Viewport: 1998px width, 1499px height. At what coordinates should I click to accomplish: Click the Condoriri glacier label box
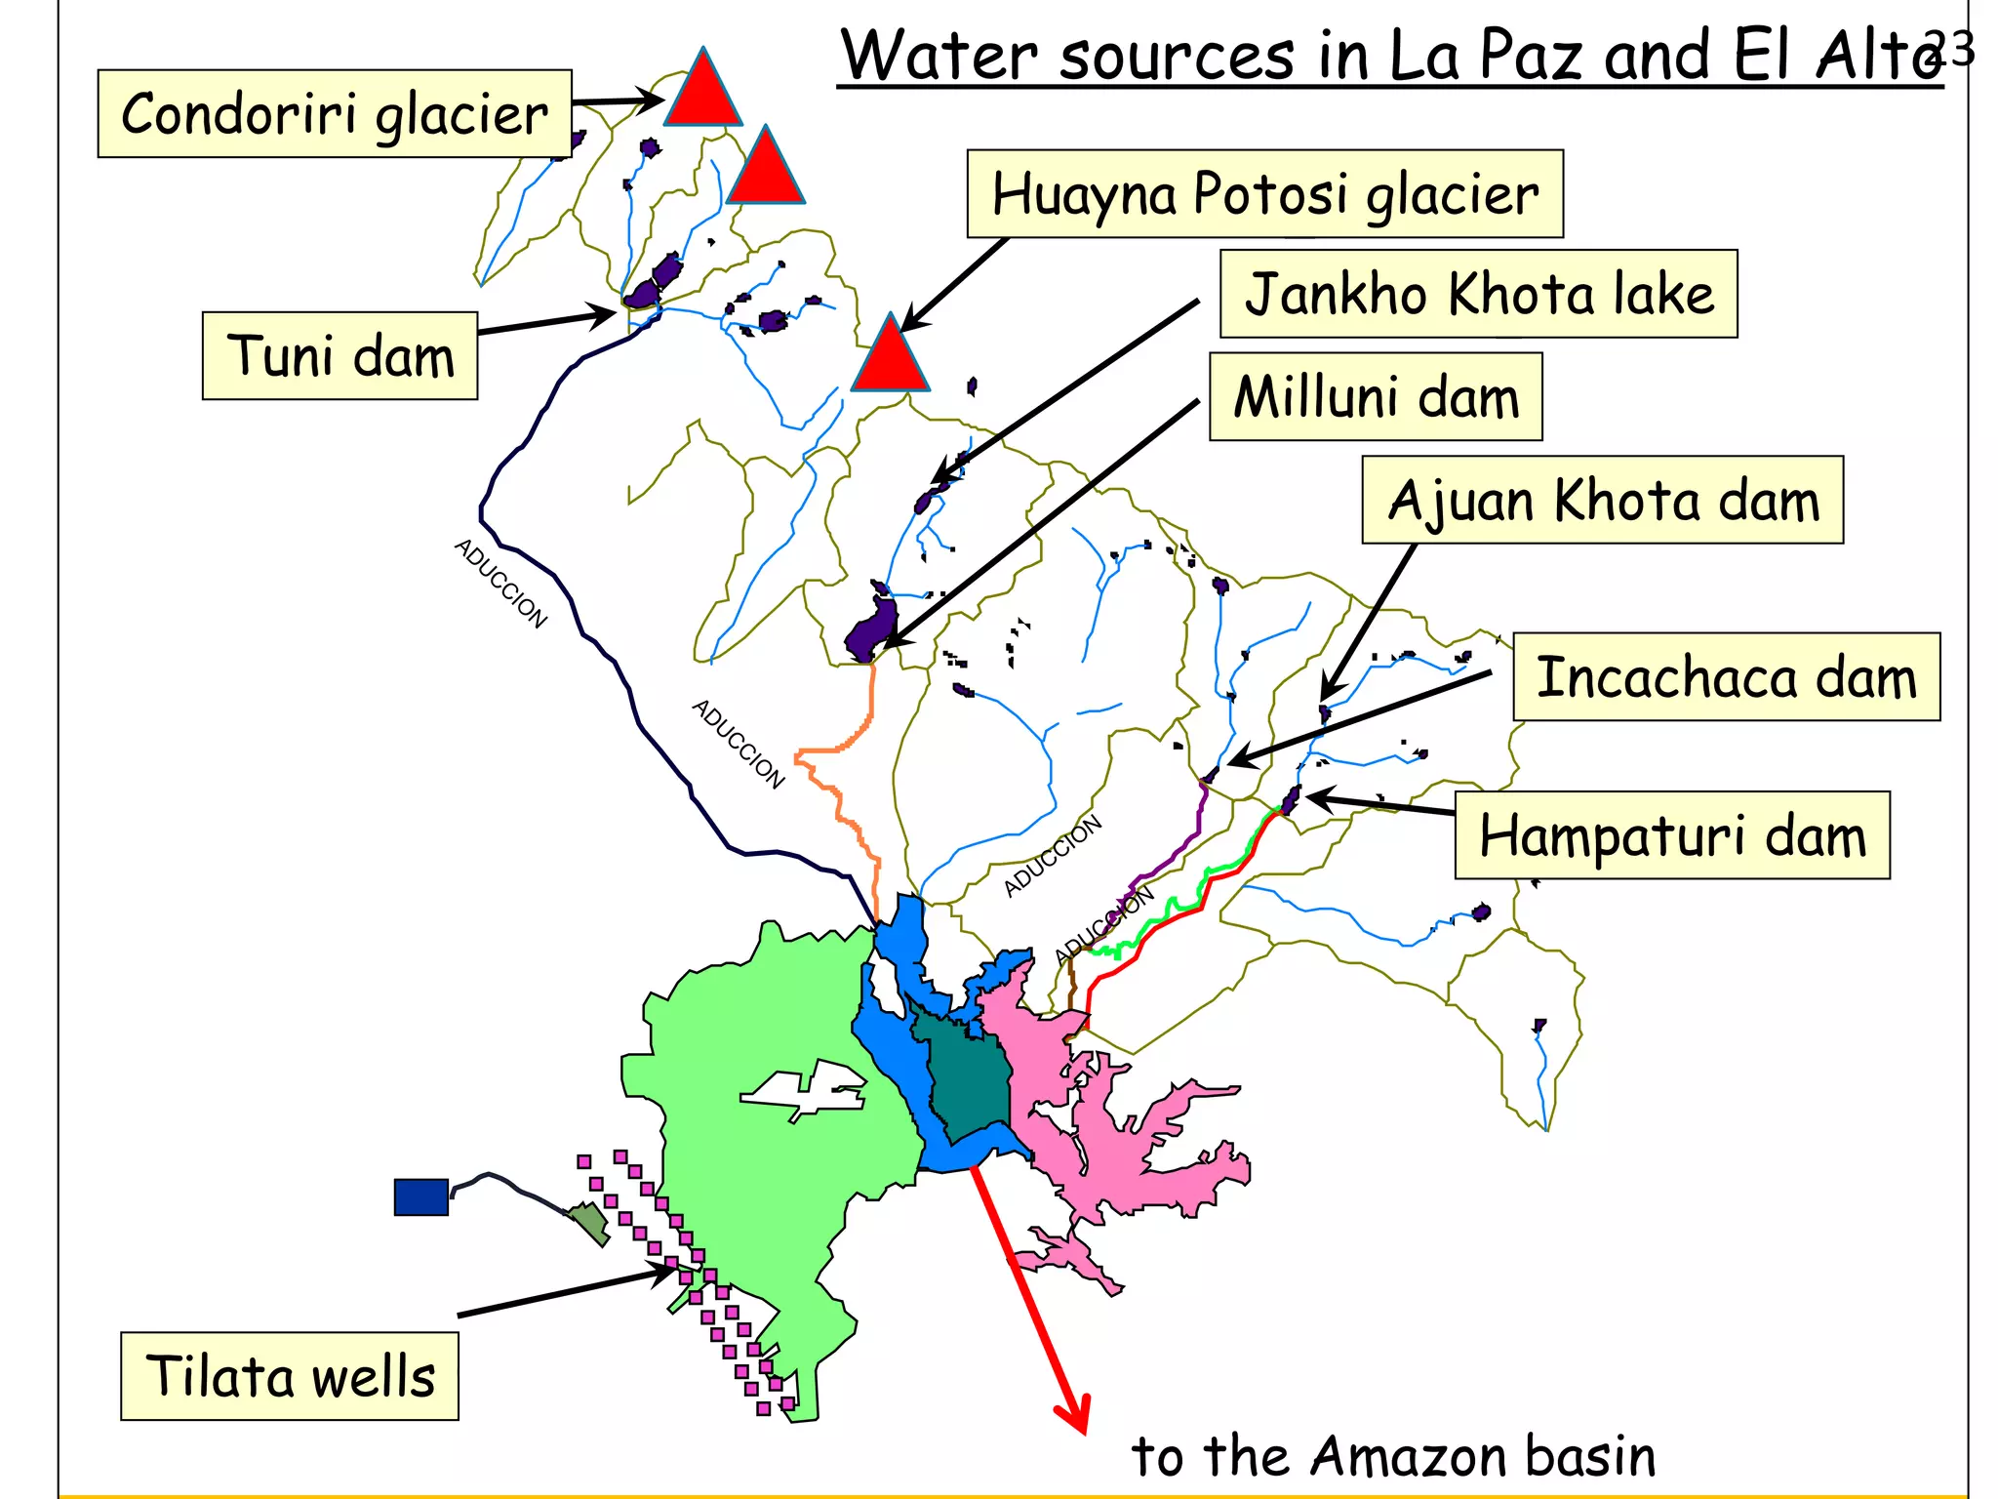[335, 113]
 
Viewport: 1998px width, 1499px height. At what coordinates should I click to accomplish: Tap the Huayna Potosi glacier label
[1264, 193]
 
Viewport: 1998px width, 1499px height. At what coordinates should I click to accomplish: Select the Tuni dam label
[340, 355]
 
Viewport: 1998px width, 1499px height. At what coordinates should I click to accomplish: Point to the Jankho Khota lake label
[1478, 294]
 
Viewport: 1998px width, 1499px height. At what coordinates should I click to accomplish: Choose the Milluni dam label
[1376, 397]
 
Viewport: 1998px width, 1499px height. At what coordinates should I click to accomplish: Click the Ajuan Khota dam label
[1602, 500]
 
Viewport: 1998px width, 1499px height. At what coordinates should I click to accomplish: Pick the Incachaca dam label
[1726, 677]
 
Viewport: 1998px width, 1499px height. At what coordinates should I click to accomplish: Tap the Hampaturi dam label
[1671, 835]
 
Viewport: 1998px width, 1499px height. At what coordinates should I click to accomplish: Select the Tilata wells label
[290, 1376]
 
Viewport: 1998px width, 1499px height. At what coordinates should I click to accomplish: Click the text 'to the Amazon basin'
[1393, 1456]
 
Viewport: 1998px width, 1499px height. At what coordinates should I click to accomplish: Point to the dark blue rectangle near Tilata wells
[420, 1196]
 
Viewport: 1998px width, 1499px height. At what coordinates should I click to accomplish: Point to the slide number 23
[1948, 48]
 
